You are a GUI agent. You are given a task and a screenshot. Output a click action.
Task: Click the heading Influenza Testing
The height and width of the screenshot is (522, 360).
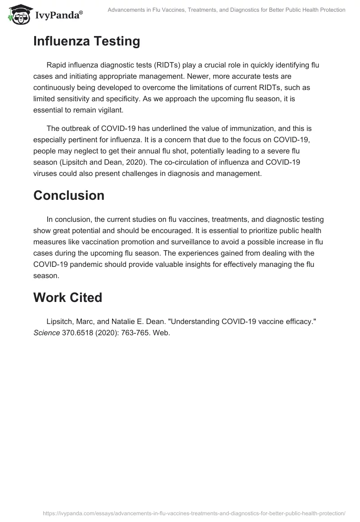tap(86, 41)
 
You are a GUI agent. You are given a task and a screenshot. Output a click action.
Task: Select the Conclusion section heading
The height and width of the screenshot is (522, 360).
tap(68, 195)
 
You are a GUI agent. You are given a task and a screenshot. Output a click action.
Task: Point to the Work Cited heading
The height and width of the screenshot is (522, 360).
tap(67, 297)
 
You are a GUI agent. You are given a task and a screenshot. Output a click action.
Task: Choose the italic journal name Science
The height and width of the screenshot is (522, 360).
tap(46, 333)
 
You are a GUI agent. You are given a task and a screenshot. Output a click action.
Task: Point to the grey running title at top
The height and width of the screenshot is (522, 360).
tap(226, 10)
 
